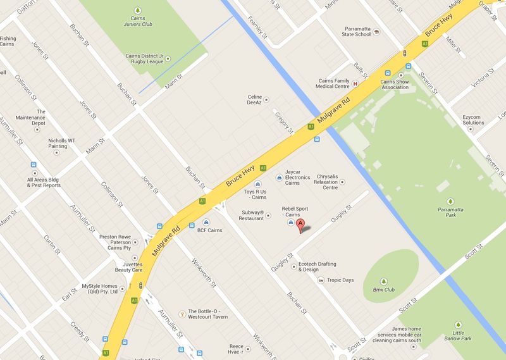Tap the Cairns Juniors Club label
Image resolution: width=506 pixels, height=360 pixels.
(x=138, y=22)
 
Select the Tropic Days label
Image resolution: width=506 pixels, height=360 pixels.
(x=340, y=280)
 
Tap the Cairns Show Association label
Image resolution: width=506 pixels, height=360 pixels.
(x=394, y=84)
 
